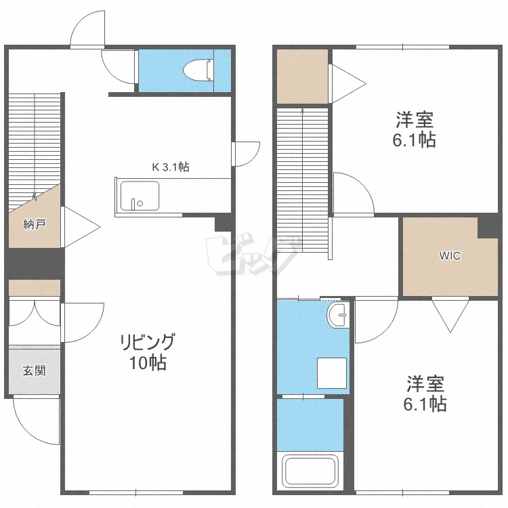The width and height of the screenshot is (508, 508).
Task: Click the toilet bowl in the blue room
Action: [198, 70]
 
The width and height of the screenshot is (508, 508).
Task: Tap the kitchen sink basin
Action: [140, 196]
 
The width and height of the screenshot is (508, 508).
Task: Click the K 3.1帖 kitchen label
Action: [171, 167]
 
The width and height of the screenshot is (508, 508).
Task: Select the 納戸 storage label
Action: [35, 224]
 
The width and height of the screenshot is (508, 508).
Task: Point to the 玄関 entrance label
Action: [35, 371]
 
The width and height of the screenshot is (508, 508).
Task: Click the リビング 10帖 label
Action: [148, 352]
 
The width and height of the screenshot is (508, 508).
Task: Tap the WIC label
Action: [450, 256]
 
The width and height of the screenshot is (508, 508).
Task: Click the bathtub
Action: [310, 471]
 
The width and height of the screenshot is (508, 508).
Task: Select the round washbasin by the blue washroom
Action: [338, 315]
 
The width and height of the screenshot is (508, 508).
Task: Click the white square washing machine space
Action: [332, 373]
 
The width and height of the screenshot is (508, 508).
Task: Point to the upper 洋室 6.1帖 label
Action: [414, 129]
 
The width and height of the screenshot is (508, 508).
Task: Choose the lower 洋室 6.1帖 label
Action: [425, 394]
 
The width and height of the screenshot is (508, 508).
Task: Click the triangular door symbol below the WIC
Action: [450, 315]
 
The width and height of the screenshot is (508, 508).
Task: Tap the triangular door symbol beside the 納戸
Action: [81, 227]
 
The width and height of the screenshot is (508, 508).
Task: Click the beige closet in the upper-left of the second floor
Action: [303, 77]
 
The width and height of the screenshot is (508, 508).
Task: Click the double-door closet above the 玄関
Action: [35, 320]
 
